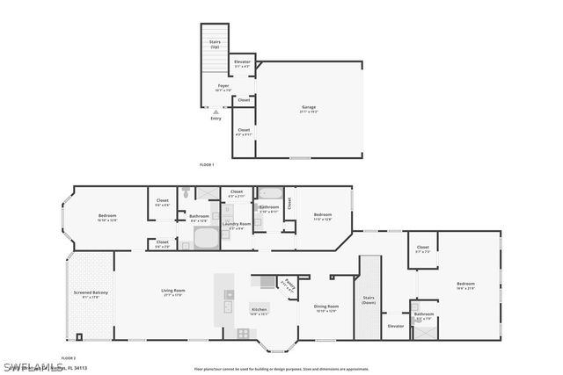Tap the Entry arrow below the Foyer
coord(214,111)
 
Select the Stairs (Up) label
coord(215,43)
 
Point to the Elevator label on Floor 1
coord(242,62)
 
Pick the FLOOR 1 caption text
coord(207,165)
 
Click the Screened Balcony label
coord(90,294)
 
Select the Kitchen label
coord(259,309)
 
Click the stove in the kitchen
coord(244,333)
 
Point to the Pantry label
coord(288,284)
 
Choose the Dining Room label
coord(325,307)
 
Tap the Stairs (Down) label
coord(369,299)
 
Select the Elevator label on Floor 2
coord(396,326)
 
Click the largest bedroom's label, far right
coord(464,285)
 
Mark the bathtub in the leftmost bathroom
coord(206,238)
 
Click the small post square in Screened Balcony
coord(79,336)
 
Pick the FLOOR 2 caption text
coord(69,358)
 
